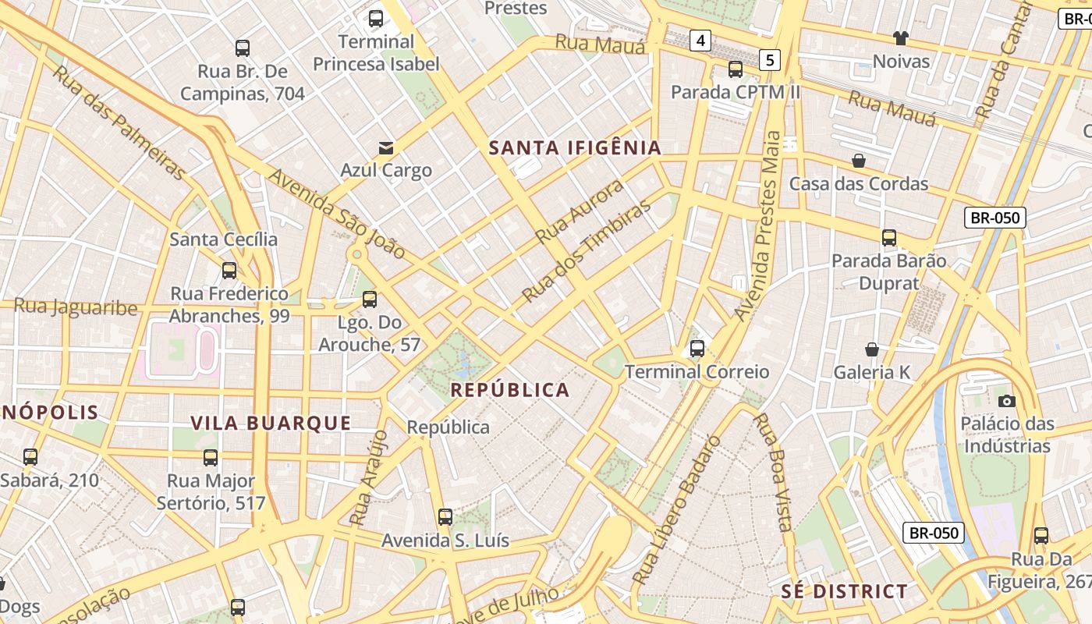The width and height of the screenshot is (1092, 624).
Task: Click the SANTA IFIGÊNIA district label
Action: click(575, 147)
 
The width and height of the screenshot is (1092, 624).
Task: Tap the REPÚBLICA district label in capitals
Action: click(511, 390)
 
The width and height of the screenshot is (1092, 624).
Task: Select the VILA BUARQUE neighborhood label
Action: click(271, 423)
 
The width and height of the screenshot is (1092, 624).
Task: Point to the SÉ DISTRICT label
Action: click(845, 591)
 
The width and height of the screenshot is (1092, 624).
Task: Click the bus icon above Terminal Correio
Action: click(697, 349)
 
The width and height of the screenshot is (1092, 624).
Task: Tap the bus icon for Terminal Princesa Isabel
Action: click(376, 19)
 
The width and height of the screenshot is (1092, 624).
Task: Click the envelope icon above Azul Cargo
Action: click(386, 147)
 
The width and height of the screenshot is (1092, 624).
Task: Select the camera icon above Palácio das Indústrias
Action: click(1007, 401)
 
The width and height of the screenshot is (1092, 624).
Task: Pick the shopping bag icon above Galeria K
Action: click(872, 349)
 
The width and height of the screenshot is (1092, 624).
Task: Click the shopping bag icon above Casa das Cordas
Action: click(859, 161)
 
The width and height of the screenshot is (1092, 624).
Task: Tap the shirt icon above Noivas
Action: click(901, 38)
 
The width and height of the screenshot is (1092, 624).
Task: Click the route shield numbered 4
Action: click(700, 40)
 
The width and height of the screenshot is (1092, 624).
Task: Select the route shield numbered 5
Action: click(770, 59)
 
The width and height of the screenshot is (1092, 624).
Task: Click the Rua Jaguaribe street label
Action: click(76, 307)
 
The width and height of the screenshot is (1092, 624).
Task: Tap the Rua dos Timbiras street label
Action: click(586, 251)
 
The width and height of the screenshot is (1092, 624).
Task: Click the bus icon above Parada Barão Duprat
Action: click(888, 238)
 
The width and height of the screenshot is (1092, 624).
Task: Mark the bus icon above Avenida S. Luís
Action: click(445, 516)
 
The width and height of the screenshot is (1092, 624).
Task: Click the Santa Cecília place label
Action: click(223, 239)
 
